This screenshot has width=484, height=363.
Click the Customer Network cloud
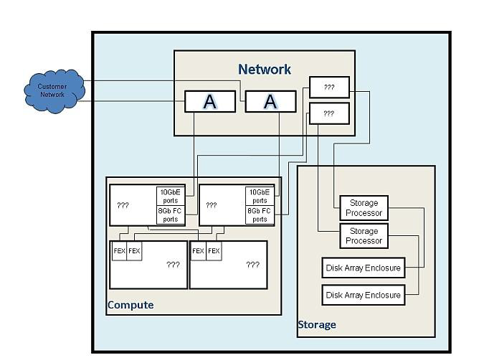point(52,90)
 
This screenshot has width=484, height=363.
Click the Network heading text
point(265,69)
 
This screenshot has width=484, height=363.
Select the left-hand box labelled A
point(209,102)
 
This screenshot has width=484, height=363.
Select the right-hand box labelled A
point(270,102)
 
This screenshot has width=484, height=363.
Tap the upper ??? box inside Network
point(329,87)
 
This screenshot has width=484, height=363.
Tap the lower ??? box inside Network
point(329,113)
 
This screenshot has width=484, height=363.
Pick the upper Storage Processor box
point(364,208)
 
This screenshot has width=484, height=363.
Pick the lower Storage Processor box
point(364,236)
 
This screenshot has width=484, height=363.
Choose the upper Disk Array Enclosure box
point(363,268)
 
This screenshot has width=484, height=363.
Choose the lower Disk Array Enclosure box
point(363,295)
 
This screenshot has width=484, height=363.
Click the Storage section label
point(316,325)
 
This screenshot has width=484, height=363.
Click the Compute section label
point(130,305)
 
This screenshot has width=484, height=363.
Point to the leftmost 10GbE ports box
point(171,195)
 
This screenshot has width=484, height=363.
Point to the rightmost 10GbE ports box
point(260,195)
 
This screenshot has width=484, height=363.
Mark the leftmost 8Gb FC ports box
point(171,214)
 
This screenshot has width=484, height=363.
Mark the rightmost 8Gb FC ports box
point(260,214)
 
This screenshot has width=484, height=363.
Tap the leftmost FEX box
point(119,251)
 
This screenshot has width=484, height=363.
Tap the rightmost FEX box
point(214,251)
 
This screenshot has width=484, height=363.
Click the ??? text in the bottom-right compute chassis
point(252,265)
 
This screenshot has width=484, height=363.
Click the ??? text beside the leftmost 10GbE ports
point(123,205)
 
